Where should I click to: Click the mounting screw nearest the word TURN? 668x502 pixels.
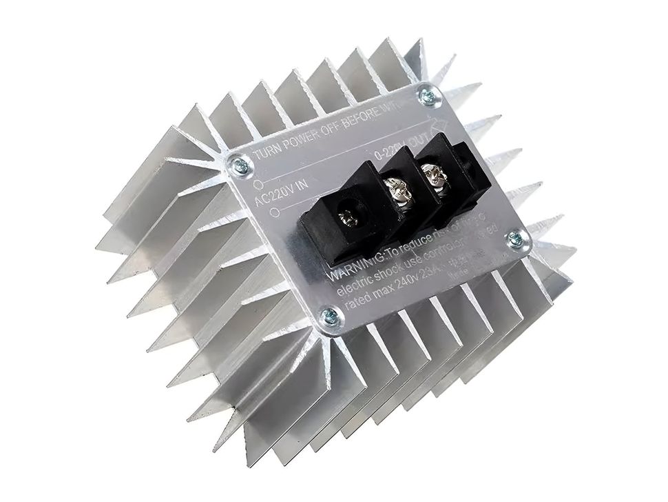point(240,164)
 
